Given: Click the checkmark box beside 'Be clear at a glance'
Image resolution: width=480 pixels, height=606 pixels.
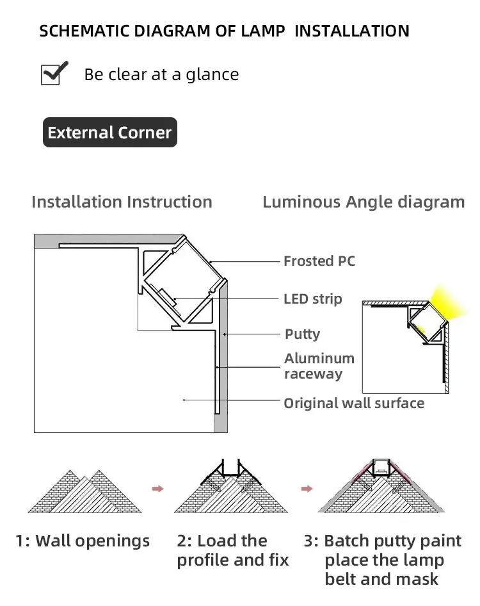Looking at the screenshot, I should [x=54, y=74].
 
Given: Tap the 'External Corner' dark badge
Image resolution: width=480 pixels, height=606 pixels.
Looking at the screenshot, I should [x=109, y=133].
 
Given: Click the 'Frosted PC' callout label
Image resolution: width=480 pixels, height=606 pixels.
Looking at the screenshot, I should [x=319, y=261].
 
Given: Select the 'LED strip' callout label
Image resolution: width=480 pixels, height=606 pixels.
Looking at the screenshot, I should [x=312, y=299].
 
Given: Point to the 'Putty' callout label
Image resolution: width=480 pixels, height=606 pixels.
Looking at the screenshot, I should [x=302, y=334].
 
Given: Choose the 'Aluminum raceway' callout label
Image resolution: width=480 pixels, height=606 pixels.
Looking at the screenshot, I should [x=319, y=366].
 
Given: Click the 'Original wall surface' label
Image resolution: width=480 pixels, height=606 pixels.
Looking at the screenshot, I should [x=354, y=403].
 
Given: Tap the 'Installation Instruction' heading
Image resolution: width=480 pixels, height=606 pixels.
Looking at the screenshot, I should [x=122, y=202].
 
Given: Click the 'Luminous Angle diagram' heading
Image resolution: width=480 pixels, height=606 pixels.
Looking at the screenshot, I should [x=364, y=202].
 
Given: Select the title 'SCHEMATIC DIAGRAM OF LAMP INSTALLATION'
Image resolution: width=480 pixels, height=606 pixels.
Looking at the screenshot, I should [x=224, y=31].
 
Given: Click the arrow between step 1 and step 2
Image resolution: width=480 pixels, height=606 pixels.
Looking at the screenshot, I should [x=157, y=489].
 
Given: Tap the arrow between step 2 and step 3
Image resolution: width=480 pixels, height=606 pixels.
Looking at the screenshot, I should [x=307, y=489].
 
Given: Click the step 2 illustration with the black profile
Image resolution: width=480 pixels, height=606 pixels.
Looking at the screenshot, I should [x=231, y=490].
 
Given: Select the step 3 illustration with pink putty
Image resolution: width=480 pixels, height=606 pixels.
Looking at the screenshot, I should [x=381, y=490].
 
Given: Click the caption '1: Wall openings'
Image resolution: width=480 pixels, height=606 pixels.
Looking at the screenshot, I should [x=83, y=541].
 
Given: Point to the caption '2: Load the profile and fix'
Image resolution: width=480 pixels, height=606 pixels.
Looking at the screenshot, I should [x=233, y=550].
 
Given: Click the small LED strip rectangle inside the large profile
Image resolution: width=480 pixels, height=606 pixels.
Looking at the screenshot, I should [x=168, y=298].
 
